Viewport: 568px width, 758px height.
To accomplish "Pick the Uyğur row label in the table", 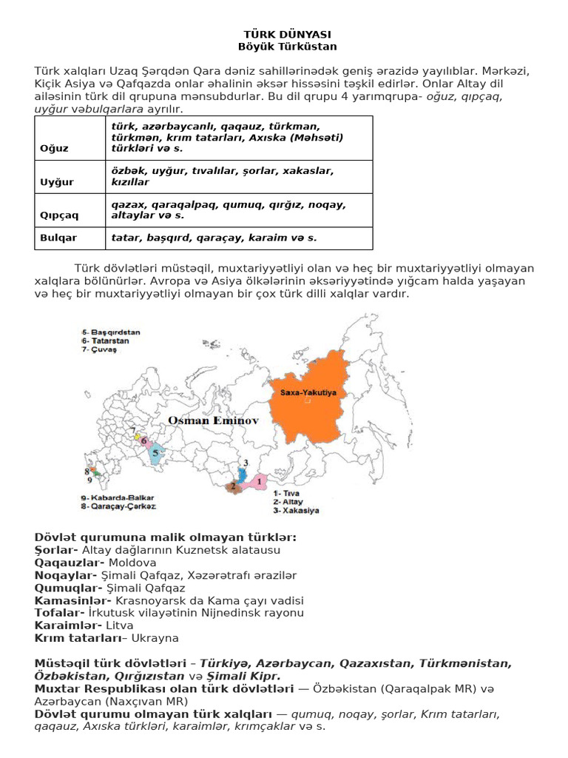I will [x=55, y=181].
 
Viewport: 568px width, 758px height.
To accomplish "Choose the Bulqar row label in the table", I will [x=56, y=238].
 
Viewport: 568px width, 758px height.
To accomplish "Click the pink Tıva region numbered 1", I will [x=257, y=483].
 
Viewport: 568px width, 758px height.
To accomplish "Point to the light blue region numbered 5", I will [x=158, y=457].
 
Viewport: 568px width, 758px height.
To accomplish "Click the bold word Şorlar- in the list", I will [x=57, y=550].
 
